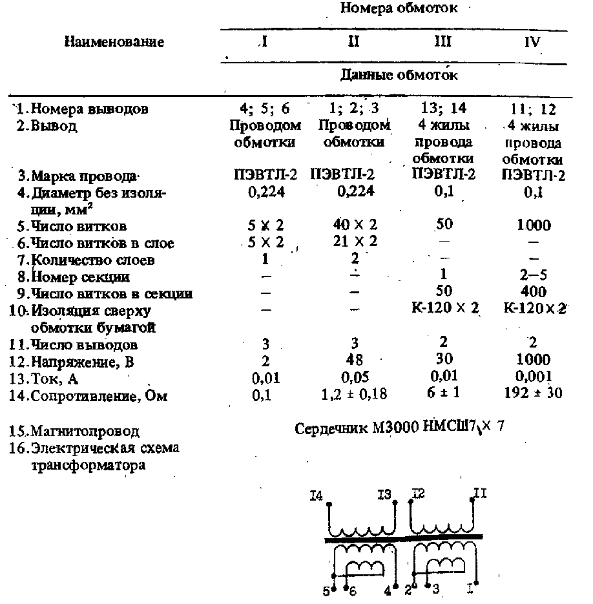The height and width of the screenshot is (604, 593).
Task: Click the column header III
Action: pyautogui.click(x=443, y=43)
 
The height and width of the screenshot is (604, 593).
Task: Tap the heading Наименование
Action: pyautogui.click(x=114, y=43)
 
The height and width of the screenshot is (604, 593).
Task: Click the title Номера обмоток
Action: pyautogui.click(x=399, y=8)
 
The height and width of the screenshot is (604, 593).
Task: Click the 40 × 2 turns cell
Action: pyautogui.click(x=352, y=225)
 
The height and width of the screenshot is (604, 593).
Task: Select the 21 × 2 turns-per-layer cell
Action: pyautogui.click(x=352, y=243)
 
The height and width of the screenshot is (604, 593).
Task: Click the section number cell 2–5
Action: pyautogui.click(x=534, y=276)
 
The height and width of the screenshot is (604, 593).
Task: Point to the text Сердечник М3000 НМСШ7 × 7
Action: pyautogui.click(x=398, y=429)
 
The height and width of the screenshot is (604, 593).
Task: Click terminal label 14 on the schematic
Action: pyautogui.click(x=317, y=496)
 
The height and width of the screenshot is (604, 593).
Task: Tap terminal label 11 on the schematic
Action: pyautogui.click(x=481, y=494)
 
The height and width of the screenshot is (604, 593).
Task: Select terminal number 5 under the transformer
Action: pyautogui.click(x=328, y=590)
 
